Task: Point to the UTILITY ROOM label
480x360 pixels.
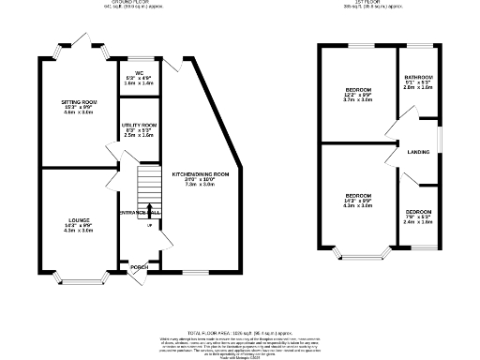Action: (139, 125)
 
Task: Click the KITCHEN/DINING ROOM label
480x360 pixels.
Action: (200, 174)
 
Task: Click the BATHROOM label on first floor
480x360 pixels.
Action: (418, 77)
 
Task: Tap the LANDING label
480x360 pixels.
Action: (418, 152)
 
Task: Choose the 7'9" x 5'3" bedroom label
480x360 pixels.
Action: (418, 213)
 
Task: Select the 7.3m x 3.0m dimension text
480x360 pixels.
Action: (200, 185)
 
